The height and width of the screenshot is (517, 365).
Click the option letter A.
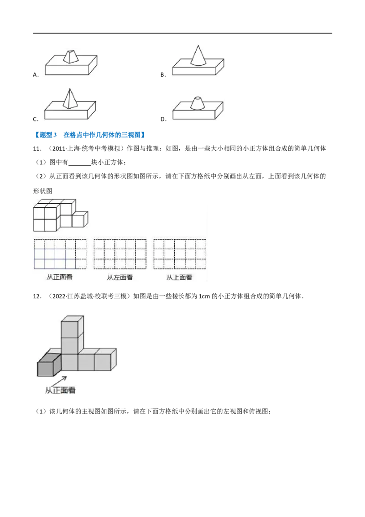click(x=35, y=75)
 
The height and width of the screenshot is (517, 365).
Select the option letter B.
click(x=163, y=75)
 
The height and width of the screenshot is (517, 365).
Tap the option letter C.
click(x=35, y=119)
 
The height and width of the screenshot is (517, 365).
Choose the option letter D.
click(x=163, y=119)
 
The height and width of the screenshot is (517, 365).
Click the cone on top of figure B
click(x=198, y=56)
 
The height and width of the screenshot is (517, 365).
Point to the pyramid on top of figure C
click(x=69, y=99)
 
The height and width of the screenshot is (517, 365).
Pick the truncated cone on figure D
click(x=197, y=103)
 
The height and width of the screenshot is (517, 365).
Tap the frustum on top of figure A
click(x=71, y=56)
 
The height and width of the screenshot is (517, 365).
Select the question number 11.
click(x=37, y=149)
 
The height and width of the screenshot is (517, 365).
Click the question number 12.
click(x=37, y=296)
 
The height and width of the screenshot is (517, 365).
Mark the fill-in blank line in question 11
click(x=80, y=165)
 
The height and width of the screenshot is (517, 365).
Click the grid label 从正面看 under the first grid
click(x=60, y=277)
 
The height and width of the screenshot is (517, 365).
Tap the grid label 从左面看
click(x=120, y=277)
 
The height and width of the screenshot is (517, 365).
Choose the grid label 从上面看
click(x=179, y=277)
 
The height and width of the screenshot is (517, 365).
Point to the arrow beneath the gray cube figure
click(x=59, y=381)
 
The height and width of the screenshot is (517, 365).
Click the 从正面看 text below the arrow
click(x=60, y=390)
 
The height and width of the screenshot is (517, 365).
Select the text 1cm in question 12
click(x=204, y=296)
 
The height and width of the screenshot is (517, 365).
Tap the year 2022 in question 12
click(x=59, y=296)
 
